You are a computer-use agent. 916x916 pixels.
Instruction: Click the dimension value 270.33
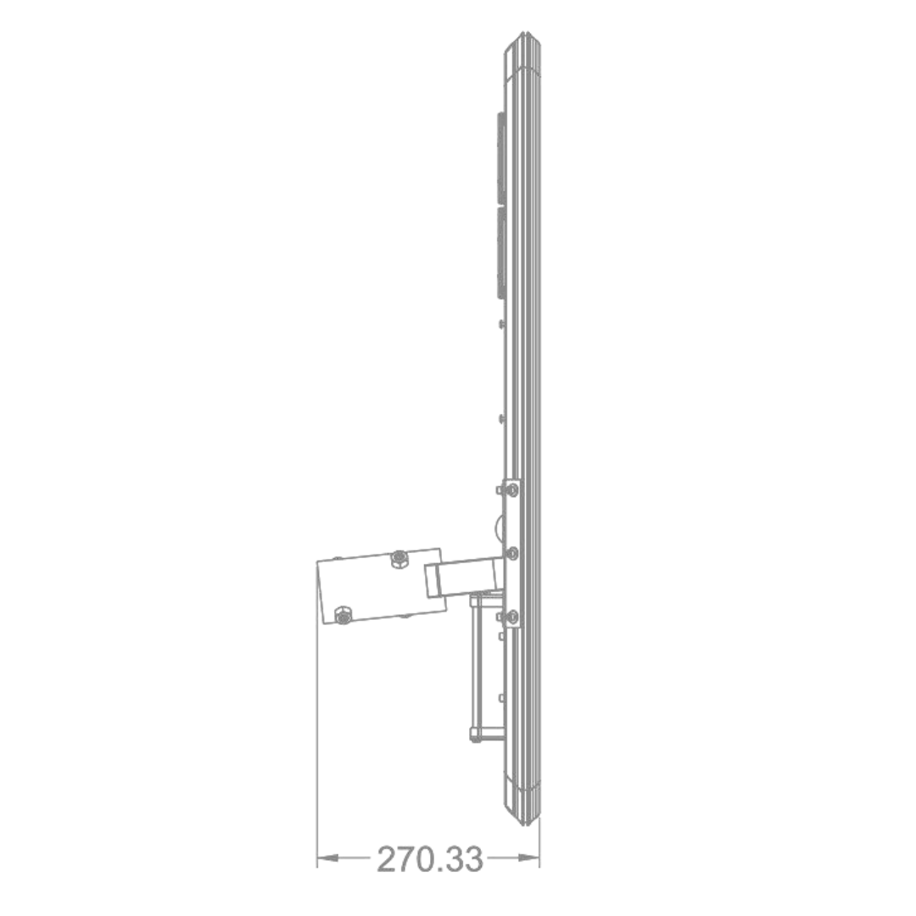[430, 858]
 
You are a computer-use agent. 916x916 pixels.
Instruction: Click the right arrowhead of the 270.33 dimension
[528, 858]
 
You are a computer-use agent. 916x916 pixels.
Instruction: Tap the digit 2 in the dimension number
[388, 858]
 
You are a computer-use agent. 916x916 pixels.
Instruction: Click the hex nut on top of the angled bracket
[399, 558]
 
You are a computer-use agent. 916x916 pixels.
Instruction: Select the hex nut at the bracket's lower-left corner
[343, 615]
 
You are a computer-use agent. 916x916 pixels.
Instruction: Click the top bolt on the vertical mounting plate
[512, 489]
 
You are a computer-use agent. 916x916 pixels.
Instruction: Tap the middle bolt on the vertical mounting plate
[512, 553]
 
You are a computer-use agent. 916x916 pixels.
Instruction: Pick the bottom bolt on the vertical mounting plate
[512, 617]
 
